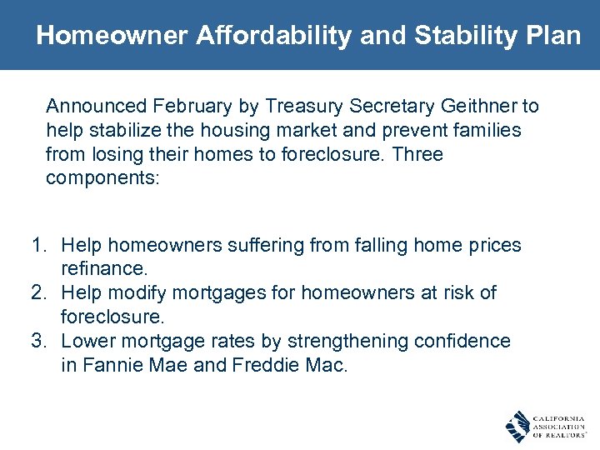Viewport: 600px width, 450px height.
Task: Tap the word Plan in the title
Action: [551, 35]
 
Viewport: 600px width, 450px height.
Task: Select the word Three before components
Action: [417, 155]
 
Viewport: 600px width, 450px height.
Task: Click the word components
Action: [100, 179]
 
